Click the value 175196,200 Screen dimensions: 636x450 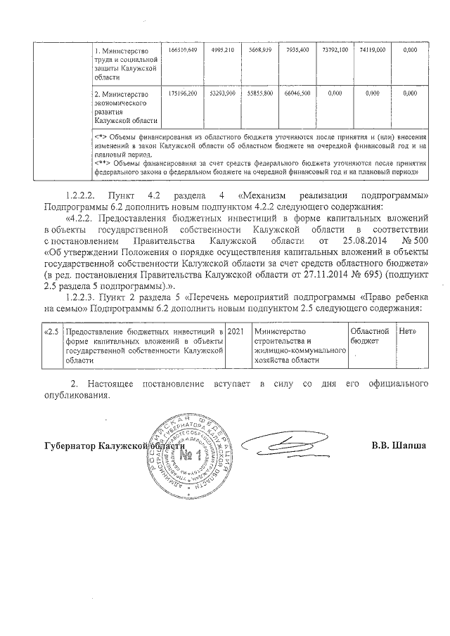point(183,93)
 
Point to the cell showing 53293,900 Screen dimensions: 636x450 point(221,93)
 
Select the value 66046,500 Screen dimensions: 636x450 point(298,93)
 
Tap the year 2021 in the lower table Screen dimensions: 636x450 point(238,331)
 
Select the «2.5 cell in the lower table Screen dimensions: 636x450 point(51,331)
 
